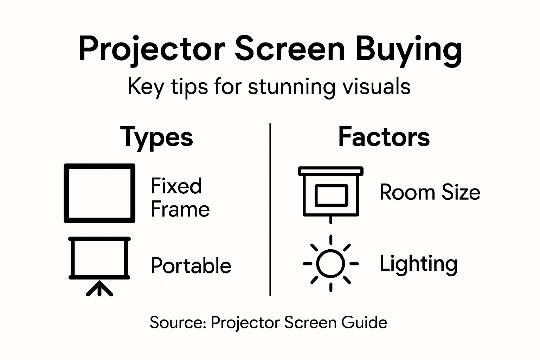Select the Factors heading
click(384, 137)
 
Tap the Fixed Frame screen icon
click(99, 193)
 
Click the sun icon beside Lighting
click(330, 264)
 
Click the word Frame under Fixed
click(180, 210)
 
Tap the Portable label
click(191, 266)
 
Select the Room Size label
click(430, 193)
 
